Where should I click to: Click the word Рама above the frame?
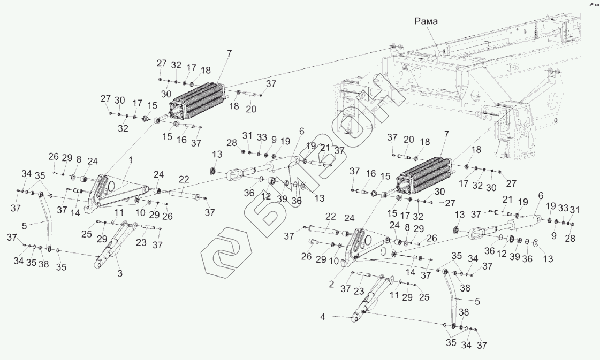(427, 21)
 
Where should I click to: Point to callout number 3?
(119, 274)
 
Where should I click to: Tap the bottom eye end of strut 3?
(100, 264)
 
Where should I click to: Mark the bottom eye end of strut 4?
(355, 319)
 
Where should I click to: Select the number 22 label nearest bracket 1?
(184, 179)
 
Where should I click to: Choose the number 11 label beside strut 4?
(396, 295)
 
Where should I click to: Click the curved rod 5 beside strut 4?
(453, 300)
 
